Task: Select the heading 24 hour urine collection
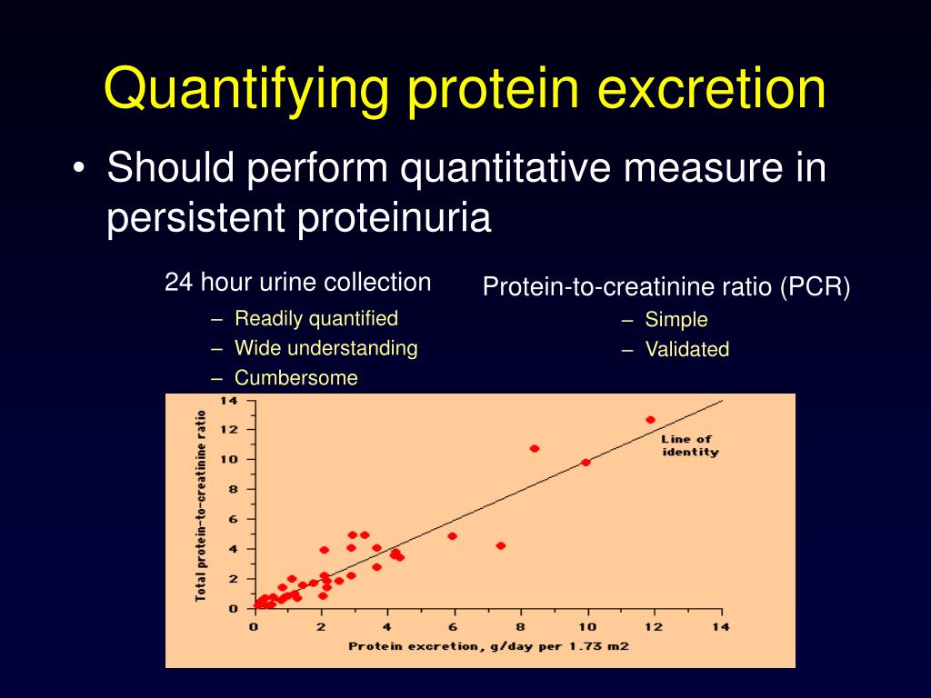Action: [x=297, y=283]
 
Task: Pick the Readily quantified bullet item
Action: [x=315, y=318]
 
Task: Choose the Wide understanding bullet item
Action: [x=325, y=348]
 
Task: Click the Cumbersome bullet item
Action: [x=295, y=378]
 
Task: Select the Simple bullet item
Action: [x=676, y=320]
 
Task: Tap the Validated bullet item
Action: [x=686, y=350]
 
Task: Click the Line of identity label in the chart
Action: [x=689, y=445]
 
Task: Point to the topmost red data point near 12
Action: [x=650, y=420]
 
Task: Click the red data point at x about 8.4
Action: [x=534, y=448]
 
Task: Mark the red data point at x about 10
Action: [x=586, y=463]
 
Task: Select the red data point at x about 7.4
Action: [x=500, y=545]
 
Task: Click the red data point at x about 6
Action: [x=452, y=536]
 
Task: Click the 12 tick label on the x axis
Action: [x=654, y=626]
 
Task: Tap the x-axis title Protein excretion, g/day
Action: [x=487, y=646]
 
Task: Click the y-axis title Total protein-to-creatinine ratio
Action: [x=201, y=504]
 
